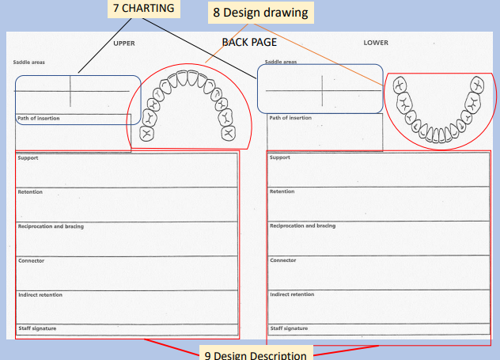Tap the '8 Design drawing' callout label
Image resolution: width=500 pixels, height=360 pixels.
(x=259, y=13)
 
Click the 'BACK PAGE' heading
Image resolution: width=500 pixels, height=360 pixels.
(x=249, y=42)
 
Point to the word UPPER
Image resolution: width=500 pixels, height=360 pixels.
(x=124, y=43)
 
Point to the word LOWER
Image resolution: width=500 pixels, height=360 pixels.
(x=376, y=42)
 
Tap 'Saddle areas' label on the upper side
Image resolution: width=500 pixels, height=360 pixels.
(x=28, y=62)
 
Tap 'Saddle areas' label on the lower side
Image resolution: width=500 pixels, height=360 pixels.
(x=281, y=62)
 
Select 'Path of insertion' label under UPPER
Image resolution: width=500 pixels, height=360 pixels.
(x=39, y=119)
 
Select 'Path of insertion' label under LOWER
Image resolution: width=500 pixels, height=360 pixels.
(x=290, y=118)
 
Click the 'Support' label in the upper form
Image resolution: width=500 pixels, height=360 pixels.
(x=28, y=157)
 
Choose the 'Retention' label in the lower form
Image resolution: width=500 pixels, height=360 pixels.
(x=282, y=191)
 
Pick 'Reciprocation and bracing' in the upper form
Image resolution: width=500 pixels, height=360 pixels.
(x=51, y=226)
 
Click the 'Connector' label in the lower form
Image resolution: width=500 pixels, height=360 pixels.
(x=283, y=260)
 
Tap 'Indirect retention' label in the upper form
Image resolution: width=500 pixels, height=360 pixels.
(x=40, y=294)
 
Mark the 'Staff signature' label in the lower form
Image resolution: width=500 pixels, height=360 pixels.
(x=290, y=328)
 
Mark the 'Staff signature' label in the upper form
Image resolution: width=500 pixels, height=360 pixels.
(x=37, y=328)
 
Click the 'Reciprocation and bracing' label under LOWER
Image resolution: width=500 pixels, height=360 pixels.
(x=302, y=225)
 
